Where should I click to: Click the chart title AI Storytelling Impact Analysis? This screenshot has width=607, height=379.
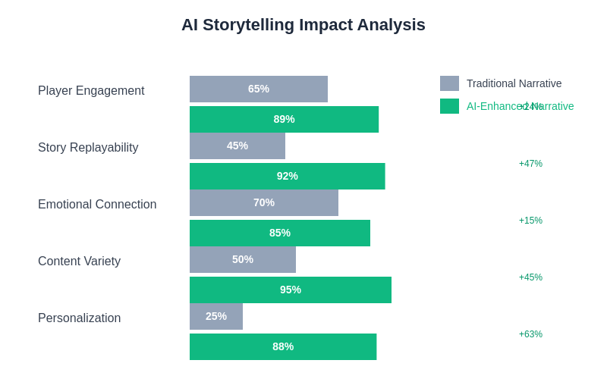coord(303,25)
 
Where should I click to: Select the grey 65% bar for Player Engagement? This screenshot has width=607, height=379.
coord(259,89)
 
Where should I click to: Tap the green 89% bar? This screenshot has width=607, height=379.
coord(284,119)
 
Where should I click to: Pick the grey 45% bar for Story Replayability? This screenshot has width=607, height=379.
coord(237,146)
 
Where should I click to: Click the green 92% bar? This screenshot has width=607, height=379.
coord(287,176)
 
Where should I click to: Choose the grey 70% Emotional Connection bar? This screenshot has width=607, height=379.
coord(264,202)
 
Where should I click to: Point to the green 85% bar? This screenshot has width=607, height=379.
coord(280,233)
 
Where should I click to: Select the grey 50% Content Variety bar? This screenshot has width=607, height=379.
coord(243,259)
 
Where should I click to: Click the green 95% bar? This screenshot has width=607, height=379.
coord(291,290)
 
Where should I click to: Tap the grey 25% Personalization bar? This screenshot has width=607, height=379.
coord(216,316)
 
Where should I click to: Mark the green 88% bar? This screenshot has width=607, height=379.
coord(283,346)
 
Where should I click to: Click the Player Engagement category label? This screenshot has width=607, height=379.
coord(91,91)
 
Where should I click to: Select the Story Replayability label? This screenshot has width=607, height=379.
coord(88,148)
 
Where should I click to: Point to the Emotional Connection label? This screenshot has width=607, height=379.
coord(97,205)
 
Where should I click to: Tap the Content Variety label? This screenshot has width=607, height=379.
coord(79,262)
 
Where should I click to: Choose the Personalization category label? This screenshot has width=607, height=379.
coord(79,318)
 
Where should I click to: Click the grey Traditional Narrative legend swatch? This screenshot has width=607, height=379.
coord(449,83)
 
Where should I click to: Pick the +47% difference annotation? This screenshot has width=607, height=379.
coord(530,164)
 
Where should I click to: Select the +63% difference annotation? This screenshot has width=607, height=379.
coord(530,334)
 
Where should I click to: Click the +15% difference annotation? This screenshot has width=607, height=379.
coord(530,221)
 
